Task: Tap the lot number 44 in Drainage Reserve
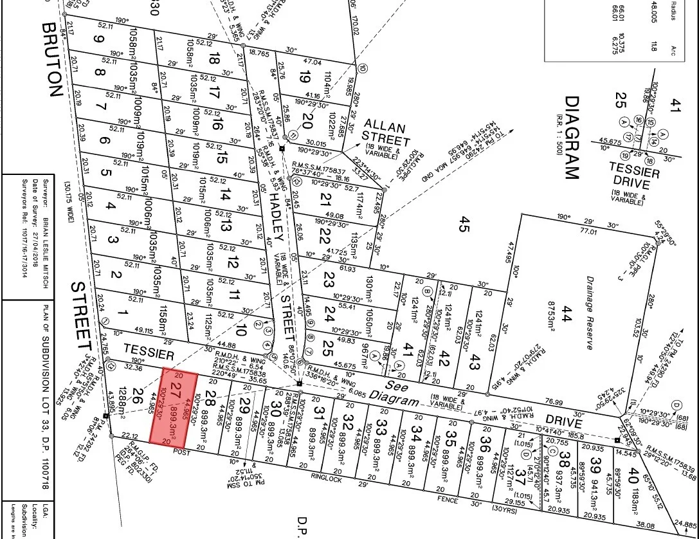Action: click(x=567, y=314)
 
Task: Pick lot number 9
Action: click(x=98, y=39)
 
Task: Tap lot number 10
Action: click(x=242, y=331)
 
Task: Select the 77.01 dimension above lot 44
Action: click(x=571, y=230)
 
